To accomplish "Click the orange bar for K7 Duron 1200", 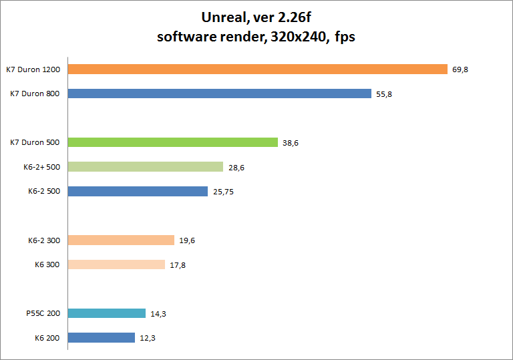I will coord(257,69).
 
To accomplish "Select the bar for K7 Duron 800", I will coord(219,94).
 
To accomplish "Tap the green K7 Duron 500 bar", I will coord(172,142).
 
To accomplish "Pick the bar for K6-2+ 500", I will coord(145,167).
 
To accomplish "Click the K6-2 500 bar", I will coord(138,192).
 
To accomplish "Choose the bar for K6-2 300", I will coord(121,240).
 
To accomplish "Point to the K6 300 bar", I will coord(116,264).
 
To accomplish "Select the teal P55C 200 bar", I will coord(106,313).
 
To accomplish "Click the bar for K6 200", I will coord(101,338).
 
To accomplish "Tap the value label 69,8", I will coord(460,69).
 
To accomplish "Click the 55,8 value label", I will coord(384,94).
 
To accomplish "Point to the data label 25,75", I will coord(223,192).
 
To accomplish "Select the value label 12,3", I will coord(148,339).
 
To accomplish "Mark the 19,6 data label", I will coord(187,241).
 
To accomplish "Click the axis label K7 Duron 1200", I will coord(33,69).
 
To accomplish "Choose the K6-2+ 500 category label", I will coord(41,167).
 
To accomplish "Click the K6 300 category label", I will coord(47,264).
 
